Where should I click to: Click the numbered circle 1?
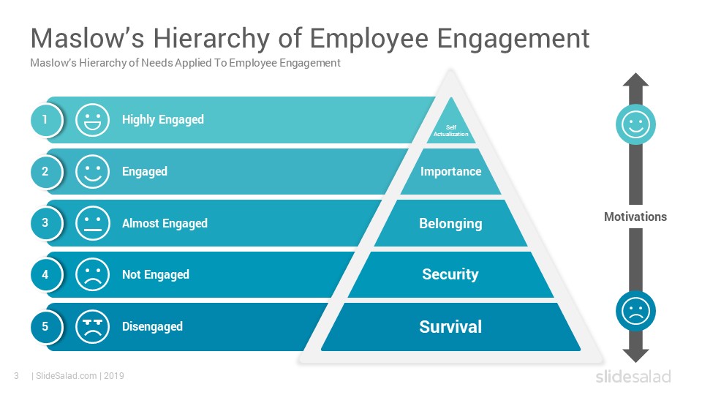[x=45, y=119]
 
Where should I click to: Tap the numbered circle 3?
[x=45, y=222]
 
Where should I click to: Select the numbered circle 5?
[x=45, y=326]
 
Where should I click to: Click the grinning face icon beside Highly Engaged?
[x=92, y=120]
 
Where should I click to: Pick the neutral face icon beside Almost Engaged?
[x=92, y=223]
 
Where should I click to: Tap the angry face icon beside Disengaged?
[x=92, y=326]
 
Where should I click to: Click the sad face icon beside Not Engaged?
[x=92, y=274]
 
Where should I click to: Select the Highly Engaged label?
[x=163, y=119]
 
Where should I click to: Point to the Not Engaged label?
[x=156, y=274]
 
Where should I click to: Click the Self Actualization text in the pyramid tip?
[x=451, y=130]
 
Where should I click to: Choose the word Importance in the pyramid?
[x=451, y=171]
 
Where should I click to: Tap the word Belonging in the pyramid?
[x=451, y=223]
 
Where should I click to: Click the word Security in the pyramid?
[x=450, y=274]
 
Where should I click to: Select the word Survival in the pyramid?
[x=451, y=326]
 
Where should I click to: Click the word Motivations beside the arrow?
[x=635, y=217]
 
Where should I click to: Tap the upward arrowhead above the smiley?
[x=635, y=79]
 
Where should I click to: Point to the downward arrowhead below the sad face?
[x=635, y=355]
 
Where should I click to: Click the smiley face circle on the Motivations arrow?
[x=635, y=124]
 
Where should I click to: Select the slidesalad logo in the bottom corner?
[x=633, y=376]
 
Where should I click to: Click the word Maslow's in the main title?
[x=88, y=38]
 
